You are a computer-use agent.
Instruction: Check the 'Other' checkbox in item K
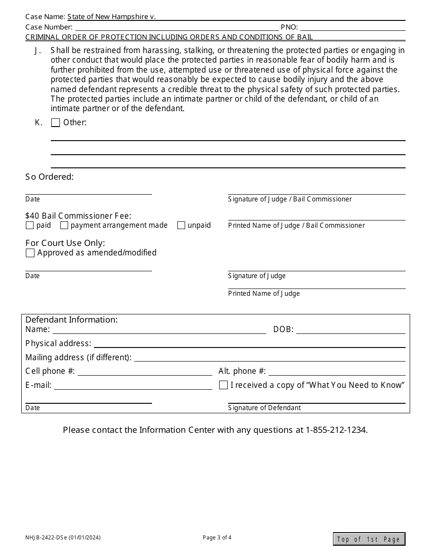[55, 122]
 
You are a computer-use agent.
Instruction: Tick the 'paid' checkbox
[30, 225]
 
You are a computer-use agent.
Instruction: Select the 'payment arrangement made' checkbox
[64, 225]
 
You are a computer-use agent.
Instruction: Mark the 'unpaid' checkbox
[181, 225]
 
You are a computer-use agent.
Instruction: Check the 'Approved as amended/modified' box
[30, 253]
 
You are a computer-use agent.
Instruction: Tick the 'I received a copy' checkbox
[223, 385]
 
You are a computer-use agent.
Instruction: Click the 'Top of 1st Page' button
[369, 539]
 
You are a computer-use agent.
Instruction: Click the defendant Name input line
[159, 330]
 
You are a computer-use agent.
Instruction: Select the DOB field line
[351, 330]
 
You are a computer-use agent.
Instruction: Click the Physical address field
[250, 344]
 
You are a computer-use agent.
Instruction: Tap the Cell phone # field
[145, 372]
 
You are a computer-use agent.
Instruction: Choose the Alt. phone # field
[337, 372]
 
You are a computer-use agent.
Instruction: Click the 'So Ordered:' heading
[49, 177]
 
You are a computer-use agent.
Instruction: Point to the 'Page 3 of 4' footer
[217, 538]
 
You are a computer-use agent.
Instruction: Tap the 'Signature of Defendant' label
[264, 408]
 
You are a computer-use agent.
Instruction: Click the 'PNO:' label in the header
[289, 27]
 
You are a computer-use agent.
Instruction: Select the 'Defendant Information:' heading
[71, 320]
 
